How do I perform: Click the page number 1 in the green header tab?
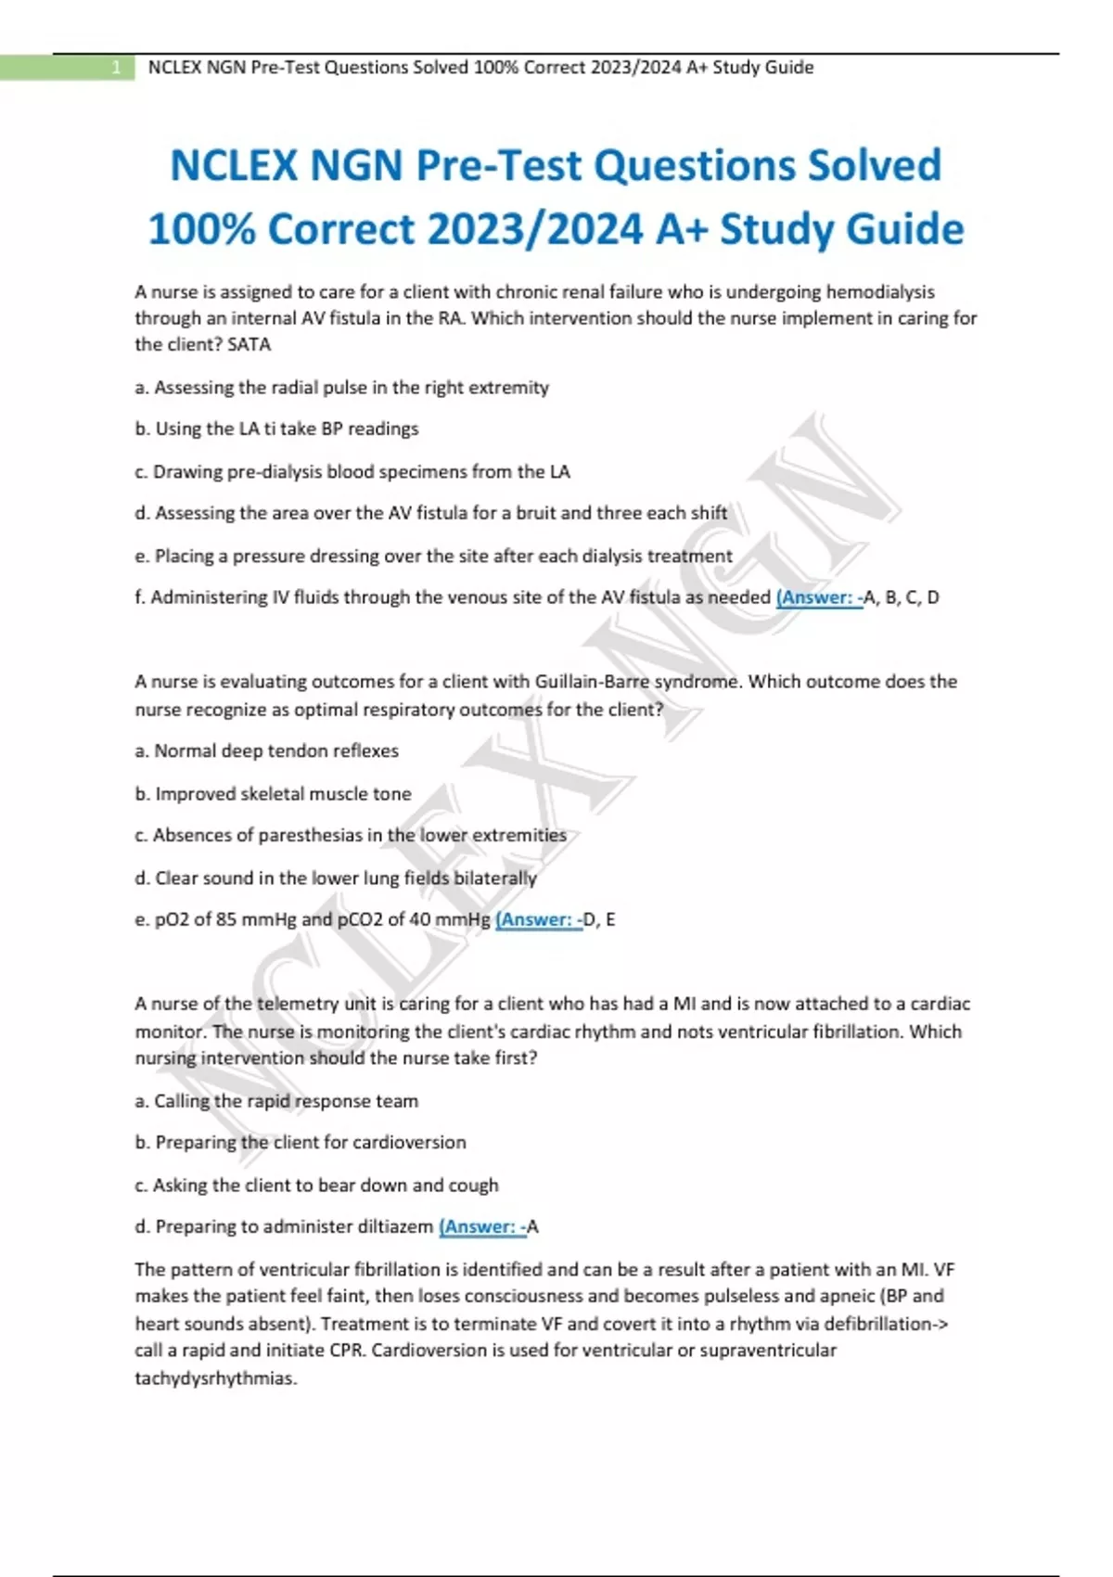(116, 68)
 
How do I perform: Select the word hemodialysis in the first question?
(879, 292)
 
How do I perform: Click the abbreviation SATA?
(249, 345)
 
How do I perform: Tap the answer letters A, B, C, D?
(902, 598)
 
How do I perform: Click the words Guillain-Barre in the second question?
(592, 682)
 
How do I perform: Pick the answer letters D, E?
(599, 920)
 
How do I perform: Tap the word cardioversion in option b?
(409, 1143)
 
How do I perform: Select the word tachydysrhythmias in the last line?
(215, 1378)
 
